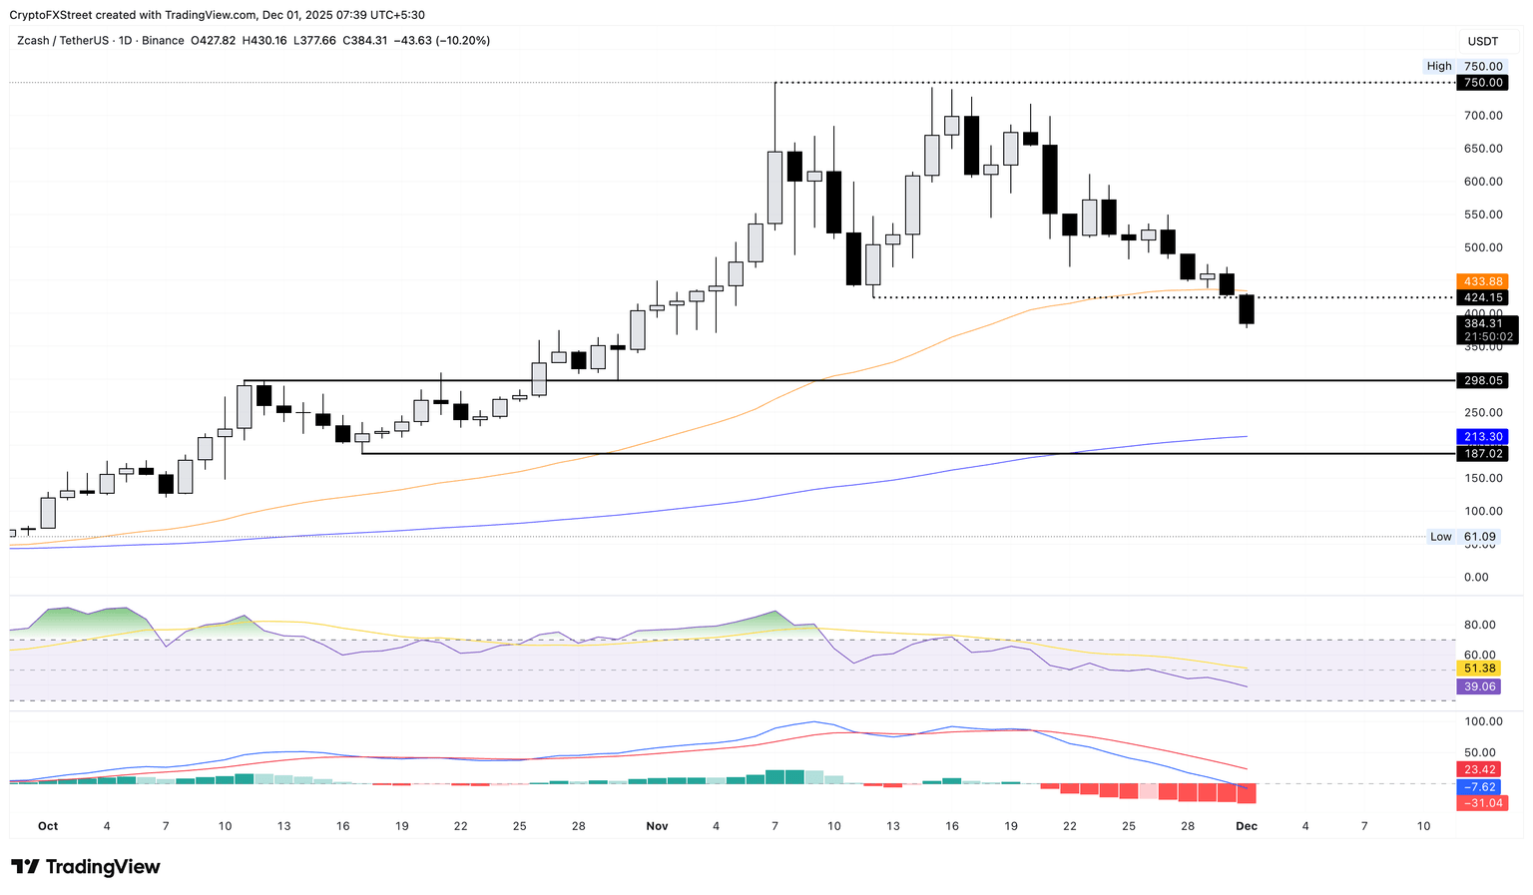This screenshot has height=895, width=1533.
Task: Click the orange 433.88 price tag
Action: tap(1482, 281)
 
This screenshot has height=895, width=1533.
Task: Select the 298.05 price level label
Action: tap(1482, 380)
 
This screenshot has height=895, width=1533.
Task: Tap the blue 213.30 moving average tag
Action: tap(1482, 437)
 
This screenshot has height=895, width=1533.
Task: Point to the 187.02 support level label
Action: tap(1482, 454)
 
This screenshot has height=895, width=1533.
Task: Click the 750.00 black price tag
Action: tap(1482, 83)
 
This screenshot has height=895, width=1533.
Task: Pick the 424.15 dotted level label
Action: tap(1482, 297)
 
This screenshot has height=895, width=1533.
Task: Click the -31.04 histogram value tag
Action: tap(1482, 803)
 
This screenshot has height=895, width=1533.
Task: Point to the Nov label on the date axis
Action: tap(657, 826)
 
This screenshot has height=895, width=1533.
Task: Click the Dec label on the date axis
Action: tap(1246, 826)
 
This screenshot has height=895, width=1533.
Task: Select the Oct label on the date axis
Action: tap(48, 826)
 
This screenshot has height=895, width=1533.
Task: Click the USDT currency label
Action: tap(1483, 41)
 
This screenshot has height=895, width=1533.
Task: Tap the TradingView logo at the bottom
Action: tap(86, 867)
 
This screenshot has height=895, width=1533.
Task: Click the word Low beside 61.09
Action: tap(1440, 537)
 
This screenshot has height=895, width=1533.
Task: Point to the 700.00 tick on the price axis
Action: tap(1482, 116)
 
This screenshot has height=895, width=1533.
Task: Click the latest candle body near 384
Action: tap(1246, 309)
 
